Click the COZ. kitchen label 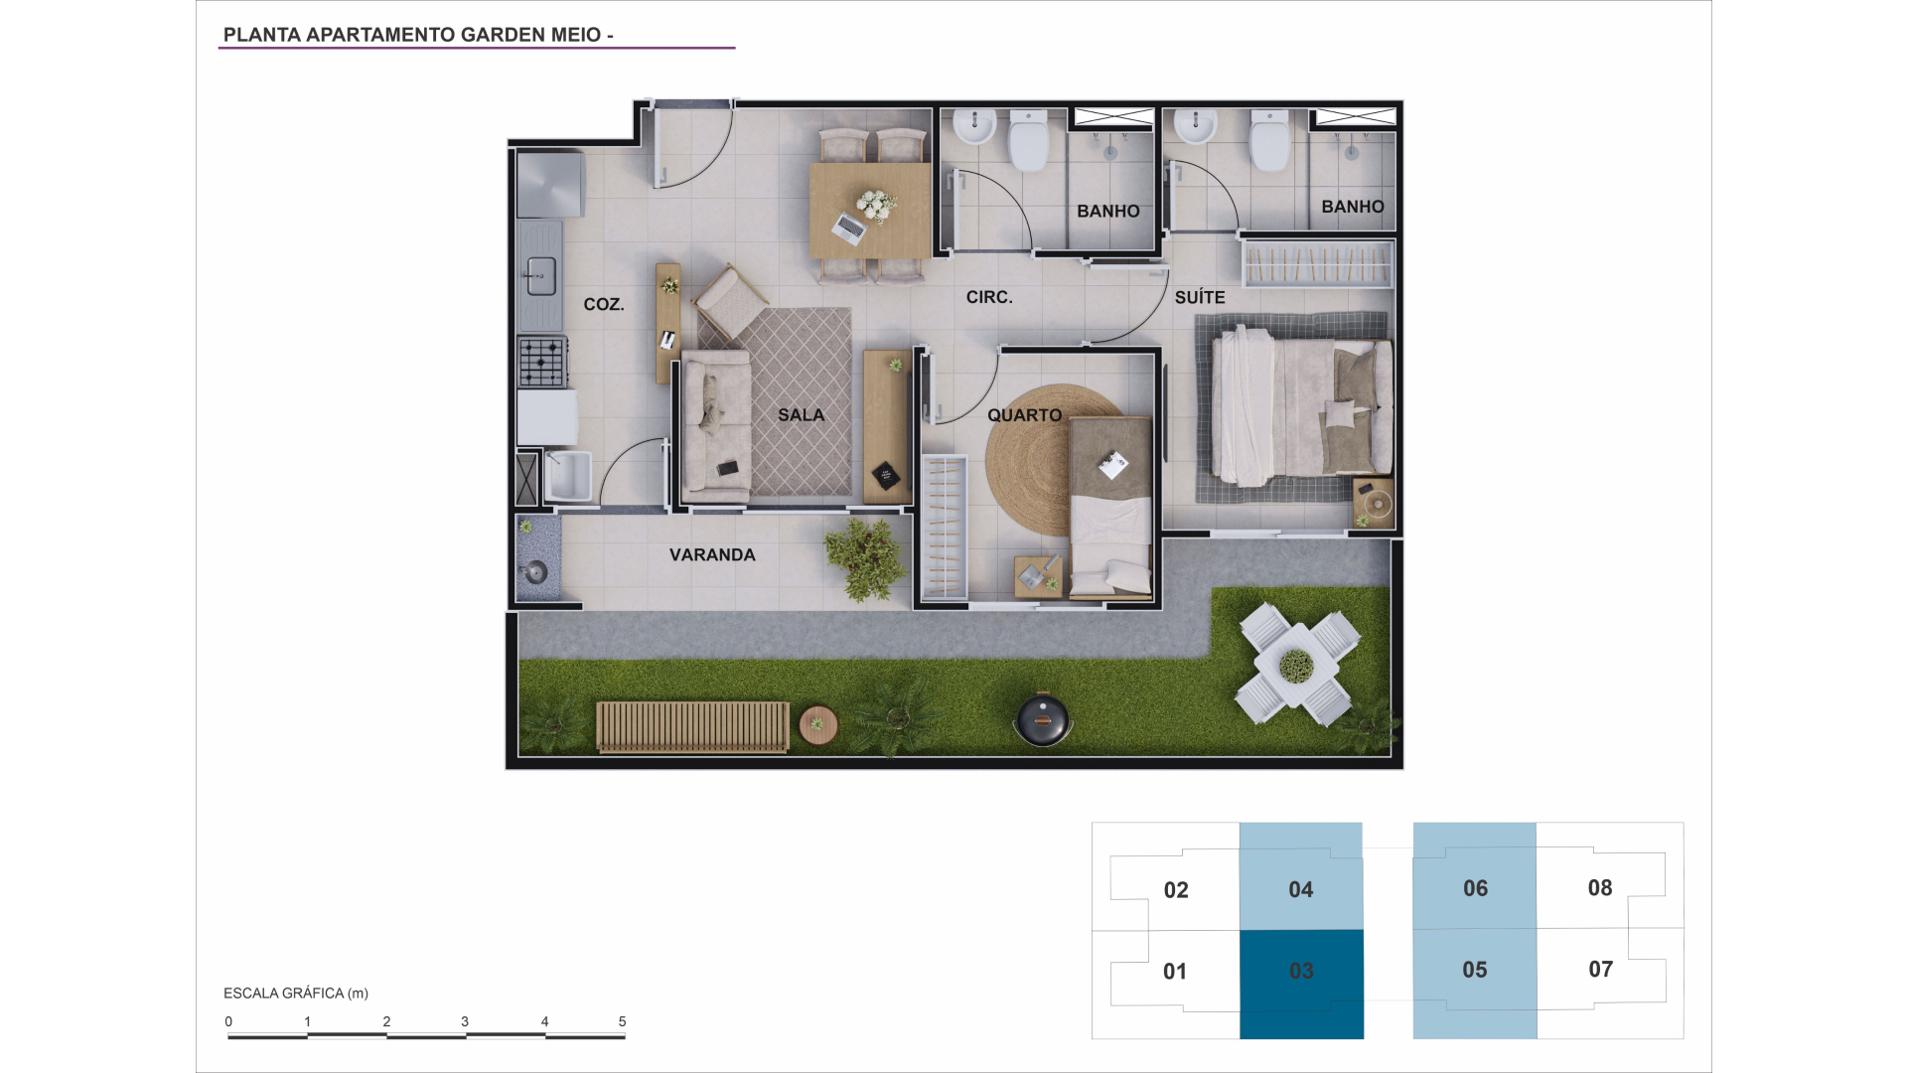pyautogui.click(x=604, y=304)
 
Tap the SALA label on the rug pyautogui.click(x=802, y=415)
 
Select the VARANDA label pyautogui.click(x=712, y=555)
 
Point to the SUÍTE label pyautogui.click(x=1200, y=297)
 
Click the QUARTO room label pyautogui.click(x=1025, y=415)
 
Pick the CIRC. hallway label pyautogui.click(x=989, y=297)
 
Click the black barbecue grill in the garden pyautogui.click(x=1043, y=717)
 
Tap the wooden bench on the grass pyautogui.click(x=692, y=726)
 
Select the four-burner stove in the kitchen pyautogui.click(x=542, y=362)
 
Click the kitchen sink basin pyautogui.click(x=540, y=276)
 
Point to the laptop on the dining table pyautogui.click(x=849, y=228)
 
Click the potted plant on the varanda pyautogui.click(x=865, y=560)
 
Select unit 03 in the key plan pyautogui.click(x=1301, y=985)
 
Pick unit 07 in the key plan pyautogui.click(x=1600, y=970)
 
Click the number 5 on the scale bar pyautogui.click(x=623, y=1021)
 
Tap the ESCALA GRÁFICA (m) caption pyautogui.click(x=296, y=994)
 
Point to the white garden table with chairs pyautogui.click(x=1297, y=664)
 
